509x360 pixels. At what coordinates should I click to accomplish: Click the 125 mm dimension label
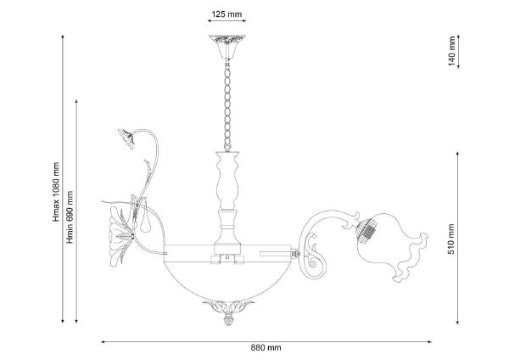click(x=227, y=14)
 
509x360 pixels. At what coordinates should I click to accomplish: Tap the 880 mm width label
click(x=266, y=347)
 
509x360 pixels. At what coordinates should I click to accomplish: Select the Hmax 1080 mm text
click(x=57, y=192)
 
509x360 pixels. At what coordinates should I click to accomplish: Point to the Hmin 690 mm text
click(x=70, y=217)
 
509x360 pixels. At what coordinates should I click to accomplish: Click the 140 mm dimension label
click(x=452, y=51)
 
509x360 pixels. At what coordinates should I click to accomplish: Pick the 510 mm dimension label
click(x=451, y=239)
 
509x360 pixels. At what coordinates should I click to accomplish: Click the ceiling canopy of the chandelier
click(x=227, y=47)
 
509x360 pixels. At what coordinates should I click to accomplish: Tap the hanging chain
click(x=227, y=105)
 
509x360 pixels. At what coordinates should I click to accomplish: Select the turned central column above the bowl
click(x=227, y=201)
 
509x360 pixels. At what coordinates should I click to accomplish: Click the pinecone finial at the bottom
click(x=228, y=319)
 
